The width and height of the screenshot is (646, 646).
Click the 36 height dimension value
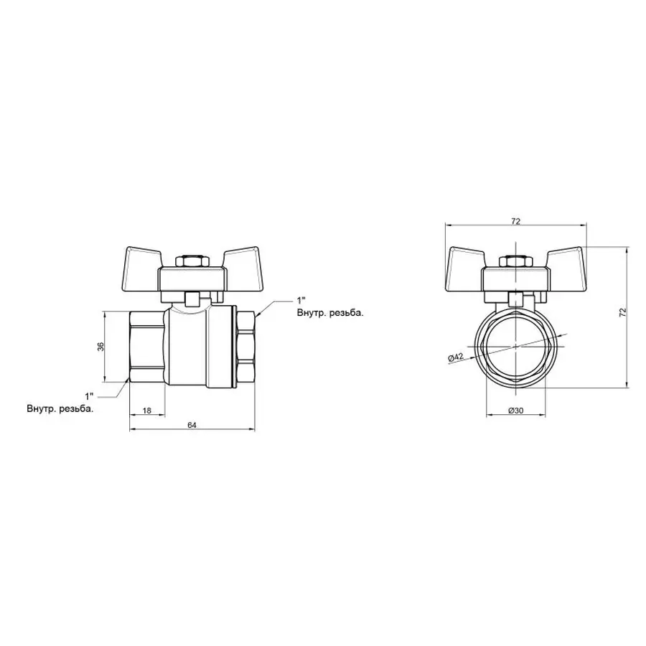pyautogui.click(x=101, y=347)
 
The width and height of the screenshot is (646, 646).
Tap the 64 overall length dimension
pyautogui.click(x=192, y=425)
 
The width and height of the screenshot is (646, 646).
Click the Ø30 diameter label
pyautogui.click(x=515, y=410)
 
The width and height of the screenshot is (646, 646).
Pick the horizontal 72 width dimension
pyautogui.click(x=515, y=220)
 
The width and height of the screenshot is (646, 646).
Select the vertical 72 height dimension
pyautogui.click(x=623, y=312)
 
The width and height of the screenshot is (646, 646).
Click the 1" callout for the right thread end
pyautogui.click(x=301, y=299)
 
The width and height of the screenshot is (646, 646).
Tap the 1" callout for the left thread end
pyautogui.click(x=89, y=396)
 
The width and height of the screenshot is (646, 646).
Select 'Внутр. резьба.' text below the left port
pyautogui.click(x=60, y=409)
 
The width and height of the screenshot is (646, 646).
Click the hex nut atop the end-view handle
pyautogui.click(x=515, y=261)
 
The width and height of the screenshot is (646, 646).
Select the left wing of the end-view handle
pyautogui.click(x=468, y=260)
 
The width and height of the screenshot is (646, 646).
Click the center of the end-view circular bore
pyautogui.click(x=515, y=347)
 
